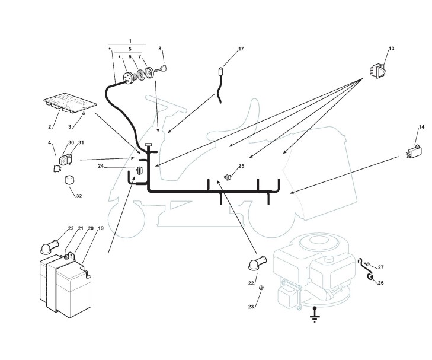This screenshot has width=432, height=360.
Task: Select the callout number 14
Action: [421, 127]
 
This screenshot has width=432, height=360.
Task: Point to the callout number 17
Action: [241, 49]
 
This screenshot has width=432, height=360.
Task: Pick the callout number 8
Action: [159, 48]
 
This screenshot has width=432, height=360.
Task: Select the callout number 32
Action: [78, 196]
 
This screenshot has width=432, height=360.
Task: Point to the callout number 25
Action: [241, 166]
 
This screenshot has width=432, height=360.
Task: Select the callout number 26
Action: [380, 283]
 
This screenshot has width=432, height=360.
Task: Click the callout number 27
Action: [380, 267]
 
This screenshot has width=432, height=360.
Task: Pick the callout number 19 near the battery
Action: [100, 228]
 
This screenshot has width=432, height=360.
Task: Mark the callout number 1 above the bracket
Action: [129, 41]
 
